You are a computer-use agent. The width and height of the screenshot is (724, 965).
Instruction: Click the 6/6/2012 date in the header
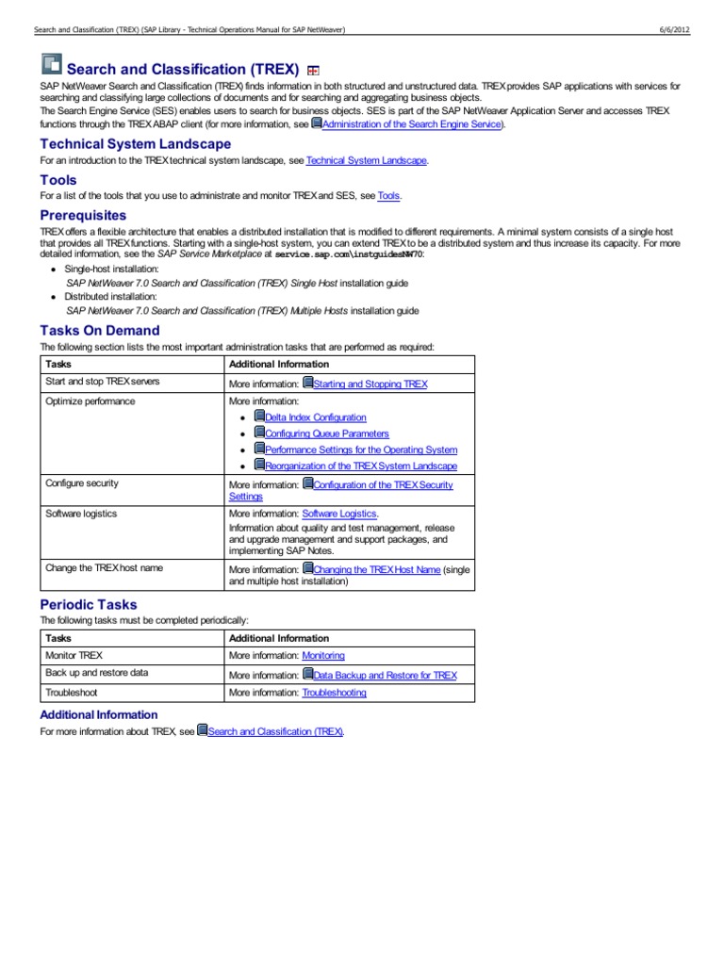674,30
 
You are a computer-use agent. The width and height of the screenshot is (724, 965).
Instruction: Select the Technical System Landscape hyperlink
367,161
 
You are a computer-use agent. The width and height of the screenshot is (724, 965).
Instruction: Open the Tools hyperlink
388,196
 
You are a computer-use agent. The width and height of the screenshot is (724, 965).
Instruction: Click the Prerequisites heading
83,215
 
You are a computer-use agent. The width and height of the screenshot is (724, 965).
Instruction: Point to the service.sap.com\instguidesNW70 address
349,255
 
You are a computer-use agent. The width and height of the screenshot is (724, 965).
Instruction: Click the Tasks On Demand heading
100,330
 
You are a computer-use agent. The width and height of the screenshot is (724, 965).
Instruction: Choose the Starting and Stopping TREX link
370,384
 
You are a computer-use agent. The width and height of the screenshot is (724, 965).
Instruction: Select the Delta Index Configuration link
316,417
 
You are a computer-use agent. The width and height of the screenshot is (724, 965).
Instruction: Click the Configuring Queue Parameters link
327,433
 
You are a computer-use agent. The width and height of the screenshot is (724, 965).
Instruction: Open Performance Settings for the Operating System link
361,450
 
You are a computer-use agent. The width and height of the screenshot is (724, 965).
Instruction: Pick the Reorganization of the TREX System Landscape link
361,466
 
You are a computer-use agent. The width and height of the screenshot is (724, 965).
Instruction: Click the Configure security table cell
82,483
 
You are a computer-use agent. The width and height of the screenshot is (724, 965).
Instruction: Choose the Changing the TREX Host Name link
377,570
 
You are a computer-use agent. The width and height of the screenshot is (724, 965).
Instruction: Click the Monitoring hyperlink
323,655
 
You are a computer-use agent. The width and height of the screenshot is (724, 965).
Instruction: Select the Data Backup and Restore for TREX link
385,676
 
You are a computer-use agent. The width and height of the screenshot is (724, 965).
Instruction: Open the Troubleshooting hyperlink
334,693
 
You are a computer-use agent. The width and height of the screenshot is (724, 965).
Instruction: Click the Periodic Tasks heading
89,604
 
